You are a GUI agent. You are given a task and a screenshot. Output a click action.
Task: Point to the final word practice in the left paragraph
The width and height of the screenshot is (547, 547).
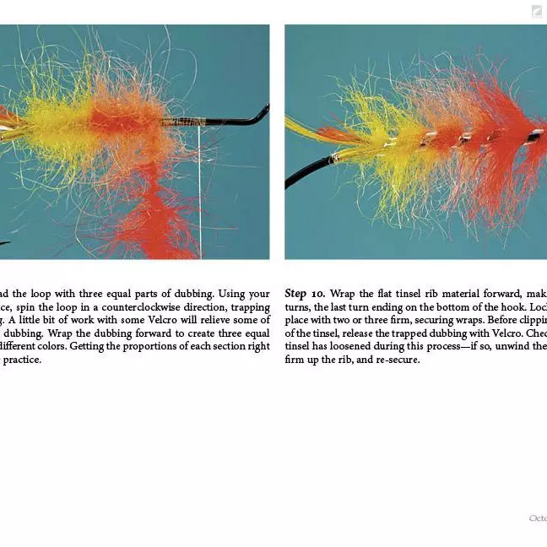click(x=21, y=359)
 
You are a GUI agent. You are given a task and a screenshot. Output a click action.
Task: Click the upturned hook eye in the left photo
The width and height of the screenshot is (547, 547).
click(x=261, y=113)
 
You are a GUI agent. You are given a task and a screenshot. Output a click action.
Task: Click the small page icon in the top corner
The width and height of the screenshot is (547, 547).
click(x=537, y=11)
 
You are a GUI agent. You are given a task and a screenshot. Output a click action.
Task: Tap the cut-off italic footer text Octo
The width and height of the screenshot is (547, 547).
click(x=538, y=518)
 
